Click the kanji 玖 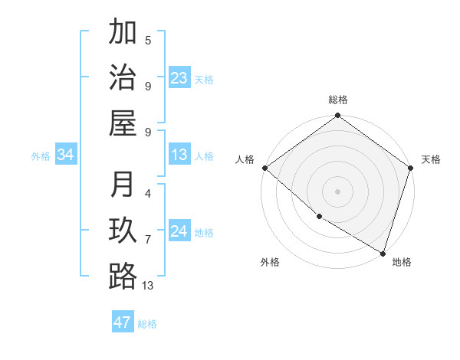(123, 231)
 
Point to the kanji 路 (123, 276)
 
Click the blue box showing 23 (179, 78)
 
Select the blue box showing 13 (179, 155)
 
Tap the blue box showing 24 (179, 231)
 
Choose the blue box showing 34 (66, 155)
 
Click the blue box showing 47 (123, 322)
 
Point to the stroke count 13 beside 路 (148, 286)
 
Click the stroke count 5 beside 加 (148, 40)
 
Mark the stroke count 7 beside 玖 (148, 240)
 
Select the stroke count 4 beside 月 (148, 194)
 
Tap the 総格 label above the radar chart (338, 100)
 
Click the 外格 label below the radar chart (269, 262)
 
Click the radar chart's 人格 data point (264, 168)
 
